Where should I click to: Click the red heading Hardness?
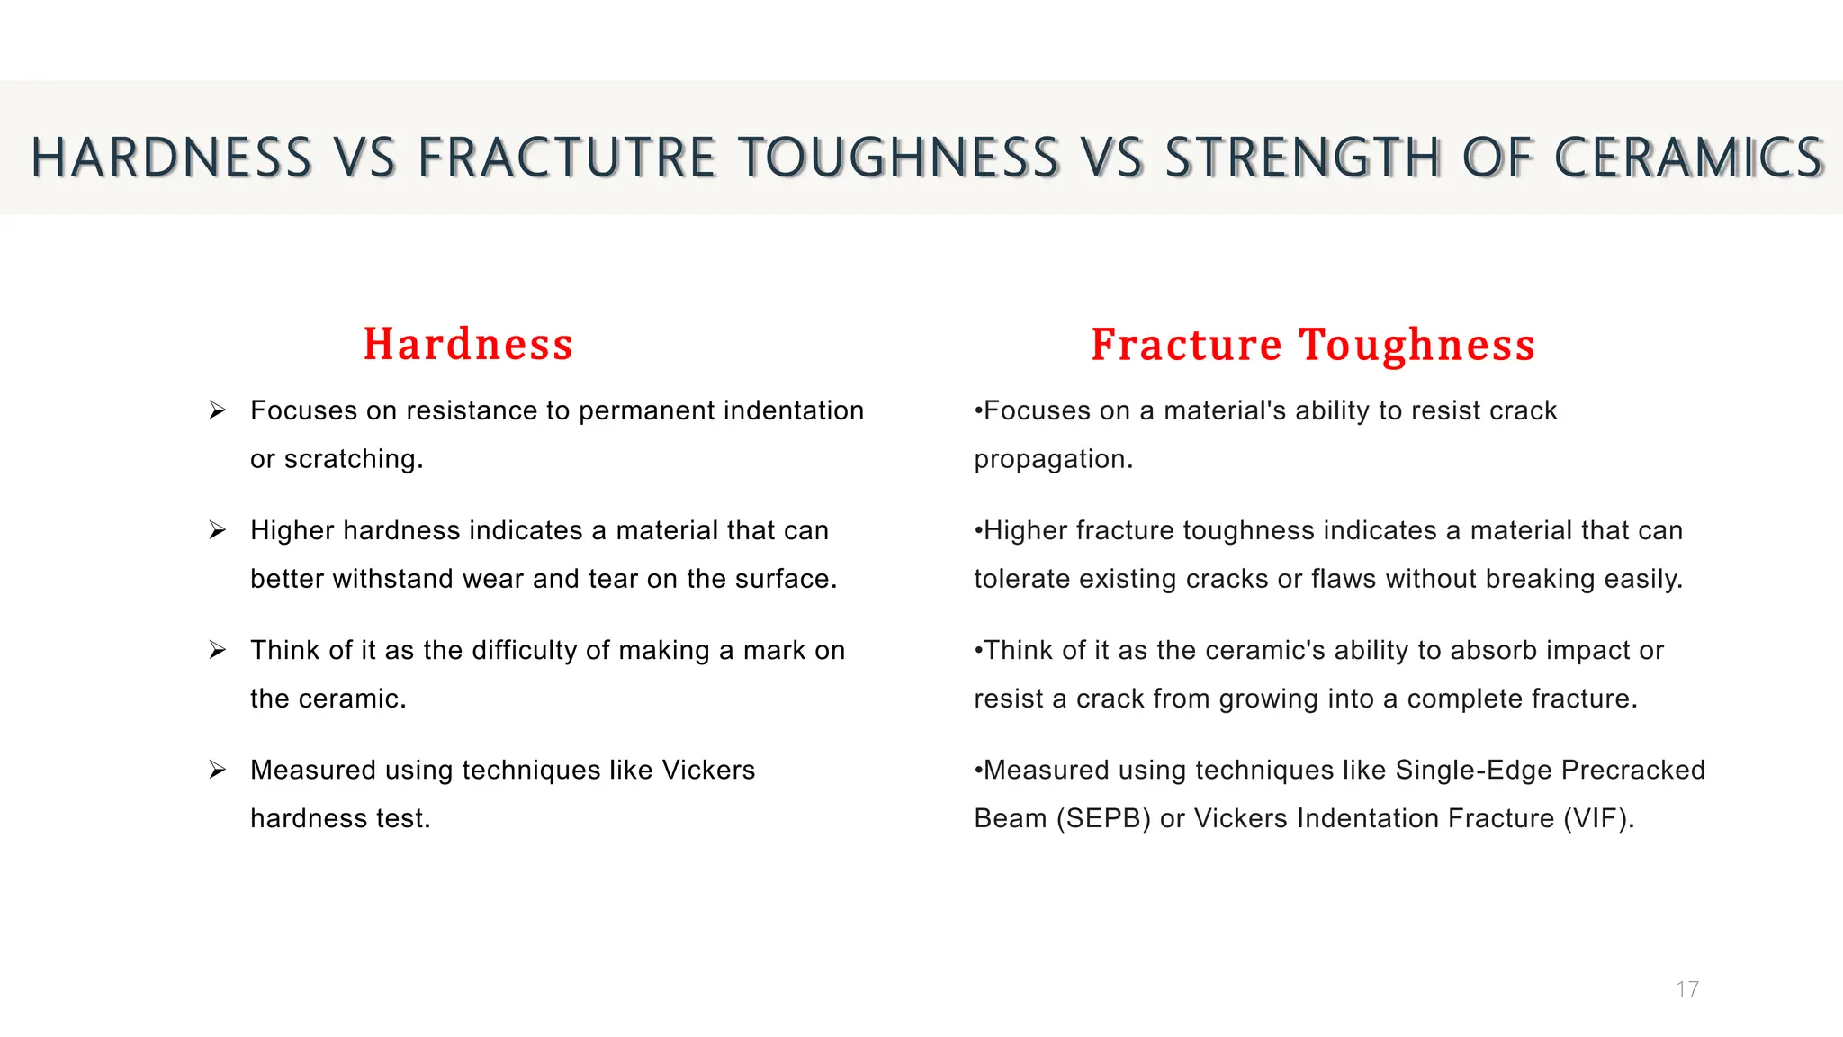pos(468,345)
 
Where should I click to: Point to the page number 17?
pos(1687,989)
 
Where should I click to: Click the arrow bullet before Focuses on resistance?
pos(218,410)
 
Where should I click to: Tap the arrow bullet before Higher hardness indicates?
pos(218,530)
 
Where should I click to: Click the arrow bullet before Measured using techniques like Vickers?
pos(218,770)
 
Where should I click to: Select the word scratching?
pos(354,459)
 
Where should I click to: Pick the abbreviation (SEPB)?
pos(1103,818)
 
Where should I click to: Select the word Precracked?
pos(1632,770)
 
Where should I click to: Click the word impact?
pos(1587,651)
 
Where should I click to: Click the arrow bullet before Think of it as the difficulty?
pos(218,650)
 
